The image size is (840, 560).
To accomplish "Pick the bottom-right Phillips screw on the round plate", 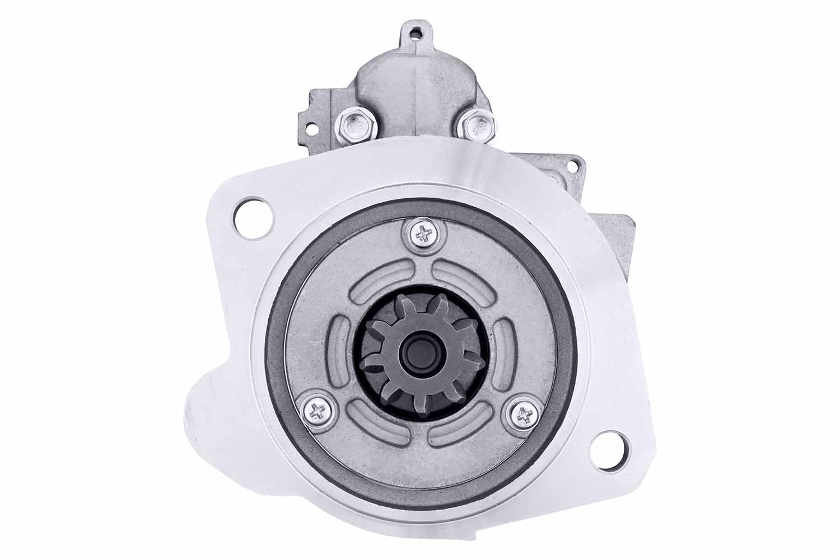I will [524, 414].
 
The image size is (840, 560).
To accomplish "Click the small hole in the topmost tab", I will [415, 34].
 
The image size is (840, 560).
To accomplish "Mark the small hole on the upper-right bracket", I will [572, 166].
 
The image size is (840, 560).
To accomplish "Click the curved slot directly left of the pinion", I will [340, 350].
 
